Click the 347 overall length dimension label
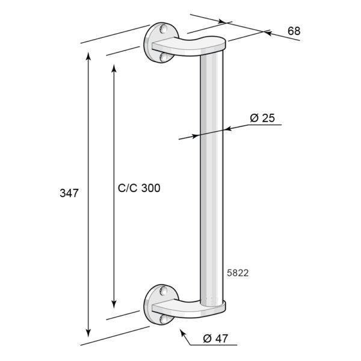pyautogui.click(x=69, y=193)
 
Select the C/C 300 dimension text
pyautogui.click(x=139, y=188)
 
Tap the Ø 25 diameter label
pyautogui.click(x=262, y=118)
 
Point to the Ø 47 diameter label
pyautogui.click(x=215, y=338)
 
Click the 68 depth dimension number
pyautogui.click(x=294, y=31)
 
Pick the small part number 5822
pyautogui.click(x=238, y=273)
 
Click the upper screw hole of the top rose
pyautogui.click(x=164, y=28)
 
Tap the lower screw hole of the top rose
pyautogui.click(x=164, y=57)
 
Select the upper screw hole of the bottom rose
pyautogui.click(x=164, y=291)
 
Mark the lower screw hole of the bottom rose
pyautogui.click(x=164, y=319)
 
